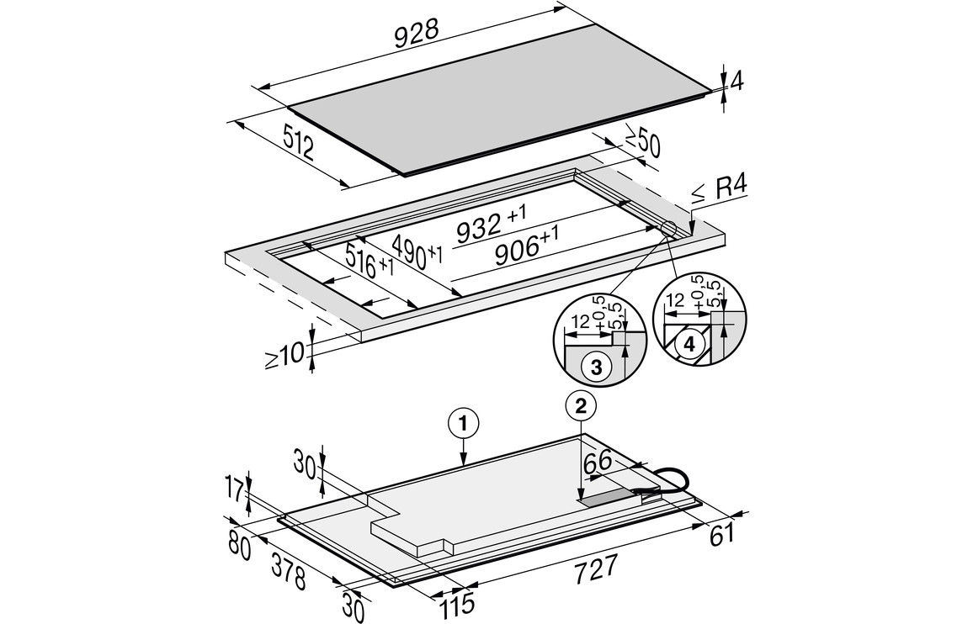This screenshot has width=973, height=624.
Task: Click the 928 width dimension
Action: (x=417, y=34)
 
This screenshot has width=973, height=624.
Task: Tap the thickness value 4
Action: (x=736, y=82)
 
